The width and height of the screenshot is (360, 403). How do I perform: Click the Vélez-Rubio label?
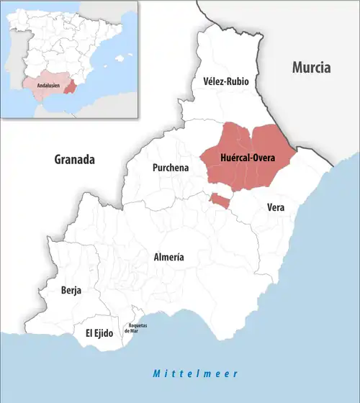225,82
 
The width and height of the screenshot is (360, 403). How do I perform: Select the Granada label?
75,160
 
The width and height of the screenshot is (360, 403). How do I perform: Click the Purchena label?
170,168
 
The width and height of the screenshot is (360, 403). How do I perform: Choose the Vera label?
276,207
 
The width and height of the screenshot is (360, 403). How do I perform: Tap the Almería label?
169,257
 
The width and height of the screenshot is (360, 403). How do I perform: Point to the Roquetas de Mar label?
138,329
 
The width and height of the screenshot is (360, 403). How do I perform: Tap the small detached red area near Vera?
220,200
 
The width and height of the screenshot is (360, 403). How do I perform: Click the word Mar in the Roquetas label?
139,331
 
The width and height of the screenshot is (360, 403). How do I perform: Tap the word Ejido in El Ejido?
105,333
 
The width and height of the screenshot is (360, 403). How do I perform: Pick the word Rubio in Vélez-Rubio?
237,82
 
